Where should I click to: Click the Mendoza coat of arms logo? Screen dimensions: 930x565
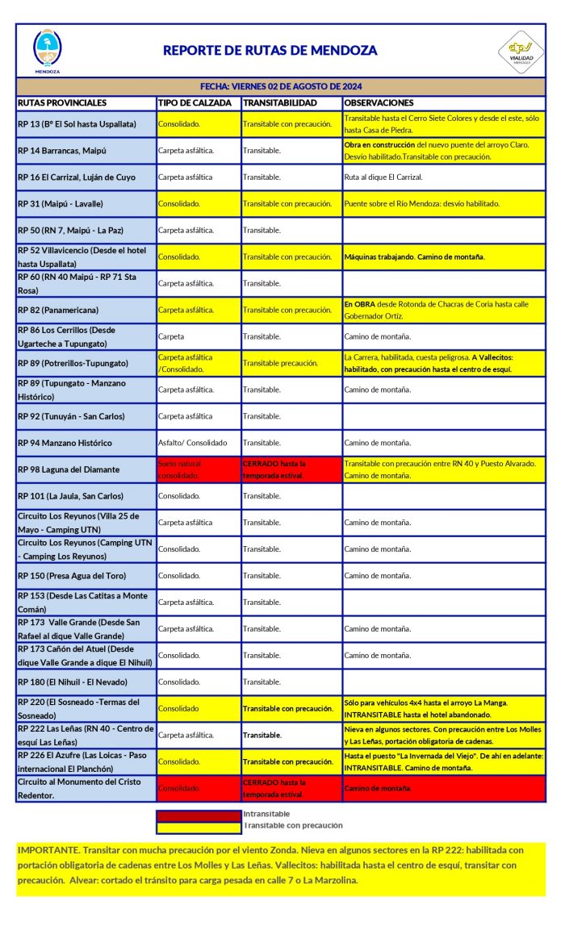[x=47, y=49]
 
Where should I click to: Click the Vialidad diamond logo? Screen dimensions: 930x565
[x=520, y=50]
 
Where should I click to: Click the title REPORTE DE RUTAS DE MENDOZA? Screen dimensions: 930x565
[x=270, y=50]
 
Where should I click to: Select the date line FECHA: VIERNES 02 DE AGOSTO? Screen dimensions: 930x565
[x=280, y=86]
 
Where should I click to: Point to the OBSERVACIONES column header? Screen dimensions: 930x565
[x=379, y=103]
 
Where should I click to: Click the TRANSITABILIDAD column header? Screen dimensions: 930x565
[x=280, y=103]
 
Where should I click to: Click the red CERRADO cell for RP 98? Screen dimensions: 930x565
[x=291, y=469]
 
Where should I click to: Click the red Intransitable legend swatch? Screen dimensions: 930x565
[x=198, y=815]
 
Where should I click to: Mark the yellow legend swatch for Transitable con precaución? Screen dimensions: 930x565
[x=198, y=826]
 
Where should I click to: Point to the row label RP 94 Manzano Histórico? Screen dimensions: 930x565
[x=65, y=443]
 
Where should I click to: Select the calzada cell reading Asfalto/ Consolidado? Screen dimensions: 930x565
[x=193, y=443]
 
